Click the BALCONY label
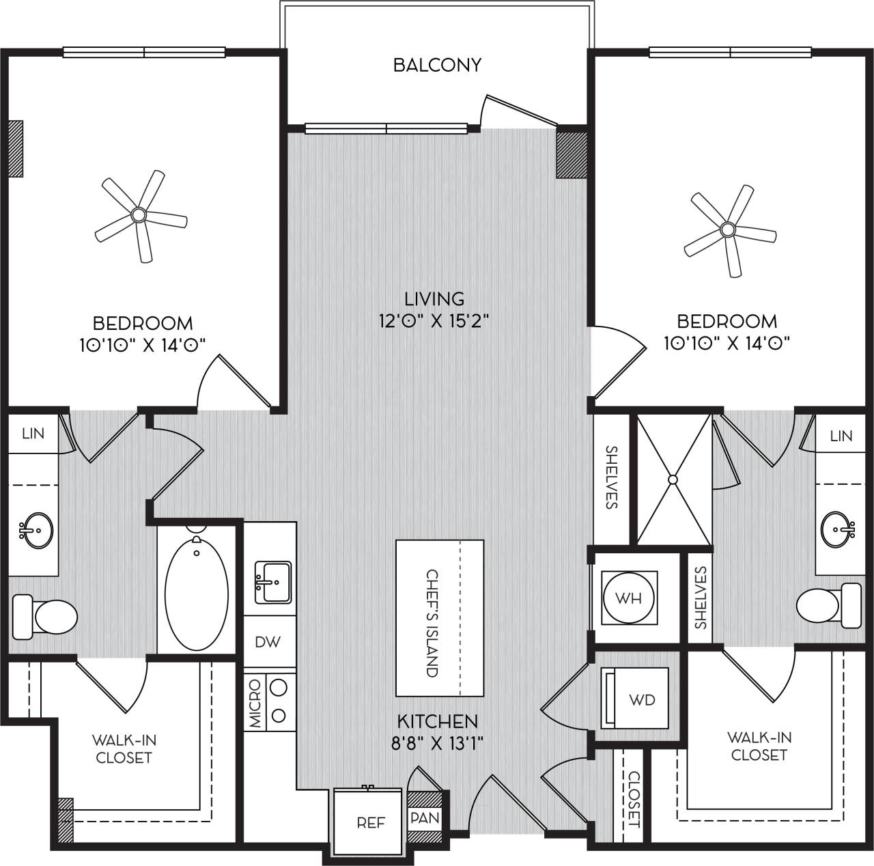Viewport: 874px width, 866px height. [437, 65]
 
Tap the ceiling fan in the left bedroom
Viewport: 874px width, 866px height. [139, 215]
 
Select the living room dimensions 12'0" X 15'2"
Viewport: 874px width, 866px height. [435, 320]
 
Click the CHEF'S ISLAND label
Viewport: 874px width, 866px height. [432, 622]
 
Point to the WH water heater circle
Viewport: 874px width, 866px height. [629, 598]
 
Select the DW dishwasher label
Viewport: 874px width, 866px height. [267, 642]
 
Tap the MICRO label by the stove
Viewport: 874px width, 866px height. [255, 702]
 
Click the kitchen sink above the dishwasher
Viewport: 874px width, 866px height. [272, 582]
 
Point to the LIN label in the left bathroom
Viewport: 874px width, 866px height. [33, 433]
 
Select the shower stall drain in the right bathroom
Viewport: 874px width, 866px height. [673, 479]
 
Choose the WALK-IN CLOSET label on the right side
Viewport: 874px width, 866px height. [759, 746]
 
